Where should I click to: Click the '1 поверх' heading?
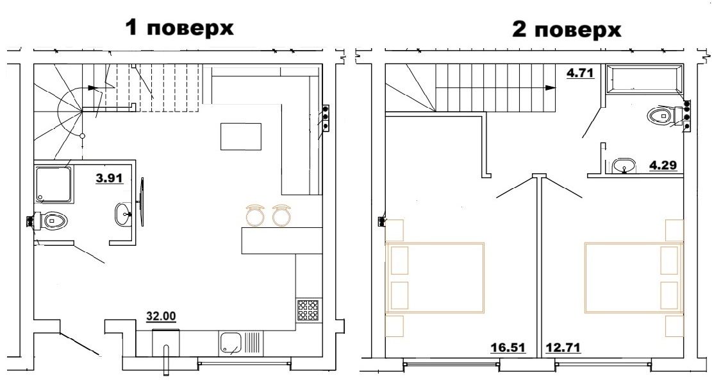[x=180, y=28]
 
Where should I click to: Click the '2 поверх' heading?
[x=567, y=30]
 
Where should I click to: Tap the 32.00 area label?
[x=161, y=316]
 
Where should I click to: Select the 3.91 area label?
[x=110, y=178]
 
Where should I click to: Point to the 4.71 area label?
[x=581, y=73]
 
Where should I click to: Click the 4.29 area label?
[x=663, y=165]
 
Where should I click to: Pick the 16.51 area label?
[x=508, y=348]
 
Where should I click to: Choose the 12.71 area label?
[x=563, y=348]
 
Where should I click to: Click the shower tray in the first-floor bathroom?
[x=54, y=185]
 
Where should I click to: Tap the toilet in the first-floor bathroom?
[x=51, y=221]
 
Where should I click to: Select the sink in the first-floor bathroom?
[x=123, y=214]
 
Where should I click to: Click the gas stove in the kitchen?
[x=308, y=311]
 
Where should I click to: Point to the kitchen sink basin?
[x=231, y=343]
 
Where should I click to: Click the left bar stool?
[x=255, y=214]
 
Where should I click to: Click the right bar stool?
[x=281, y=214]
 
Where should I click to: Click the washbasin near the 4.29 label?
[x=625, y=166]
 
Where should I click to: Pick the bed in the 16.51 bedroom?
[x=435, y=278]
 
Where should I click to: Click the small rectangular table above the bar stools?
[x=241, y=137]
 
